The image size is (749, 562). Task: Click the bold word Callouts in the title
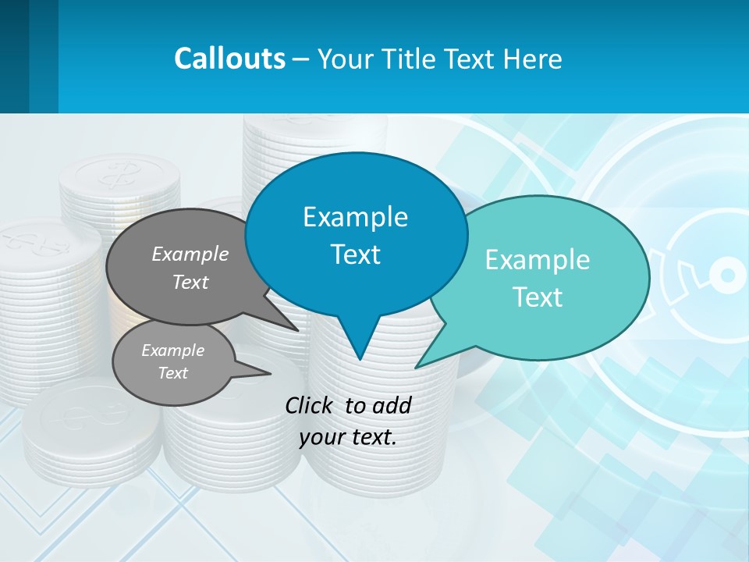pyautogui.click(x=229, y=59)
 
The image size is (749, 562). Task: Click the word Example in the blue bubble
pyautogui.click(x=355, y=217)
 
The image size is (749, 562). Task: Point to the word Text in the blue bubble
pyautogui.click(x=355, y=254)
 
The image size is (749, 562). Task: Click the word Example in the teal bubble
pyautogui.click(x=538, y=260)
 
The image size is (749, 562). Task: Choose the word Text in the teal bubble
pyautogui.click(x=538, y=297)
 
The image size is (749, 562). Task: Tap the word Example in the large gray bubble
pyautogui.click(x=190, y=254)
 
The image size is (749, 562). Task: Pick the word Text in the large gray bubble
pyautogui.click(x=190, y=283)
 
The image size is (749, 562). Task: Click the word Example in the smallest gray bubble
pyautogui.click(x=172, y=350)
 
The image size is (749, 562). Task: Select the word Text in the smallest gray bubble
pyautogui.click(x=172, y=373)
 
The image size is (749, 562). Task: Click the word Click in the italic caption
pyautogui.click(x=311, y=406)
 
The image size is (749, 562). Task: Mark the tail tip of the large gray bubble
pyautogui.click(x=297, y=330)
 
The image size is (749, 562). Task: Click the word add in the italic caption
pyautogui.click(x=392, y=406)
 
